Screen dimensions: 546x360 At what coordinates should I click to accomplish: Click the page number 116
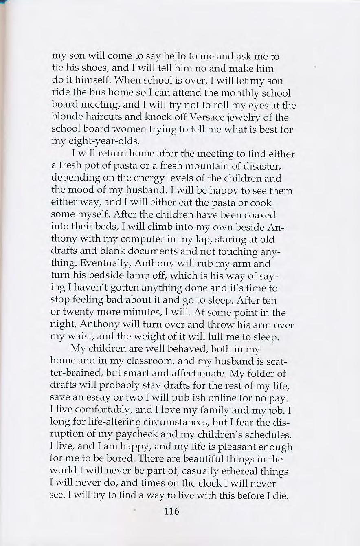tap(171, 511)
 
